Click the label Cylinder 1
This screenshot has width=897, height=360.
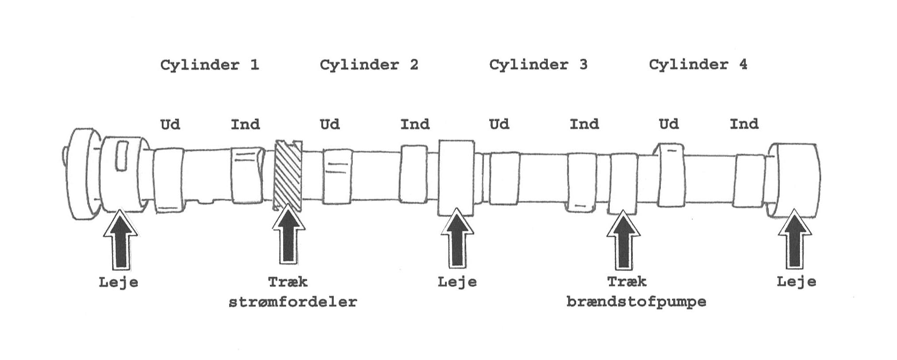(209, 65)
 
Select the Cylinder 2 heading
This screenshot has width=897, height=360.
(369, 65)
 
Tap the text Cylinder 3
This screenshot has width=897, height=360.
(538, 65)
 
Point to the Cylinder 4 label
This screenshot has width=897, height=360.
(698, 65)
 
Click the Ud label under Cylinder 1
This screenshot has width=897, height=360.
(170, 124)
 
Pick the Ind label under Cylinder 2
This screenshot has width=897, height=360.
(415, 124)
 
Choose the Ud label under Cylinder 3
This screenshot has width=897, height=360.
(499, 124)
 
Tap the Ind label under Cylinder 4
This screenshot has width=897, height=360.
(744, 124)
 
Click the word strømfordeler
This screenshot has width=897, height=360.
(292, 302)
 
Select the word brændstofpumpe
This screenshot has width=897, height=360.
(636, 302)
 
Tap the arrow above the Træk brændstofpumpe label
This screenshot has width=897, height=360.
(623, 240)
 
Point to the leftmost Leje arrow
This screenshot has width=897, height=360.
(121, 240)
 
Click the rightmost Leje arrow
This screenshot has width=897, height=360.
(795, 240)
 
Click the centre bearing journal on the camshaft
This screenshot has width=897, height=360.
(456, 177)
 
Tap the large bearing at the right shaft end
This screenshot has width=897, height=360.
(795, 180)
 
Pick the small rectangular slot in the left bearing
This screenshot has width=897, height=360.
(121, 156)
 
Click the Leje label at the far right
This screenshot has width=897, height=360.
(796, 282)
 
